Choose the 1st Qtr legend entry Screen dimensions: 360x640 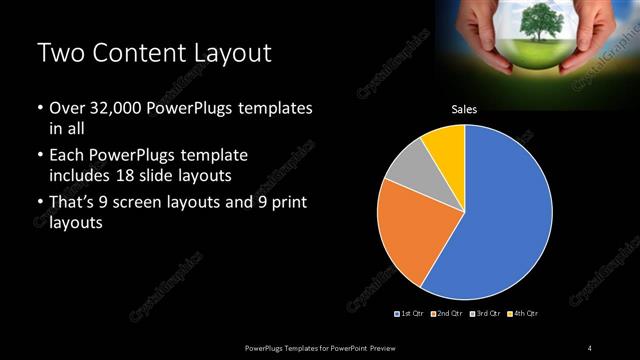tap(410, 314)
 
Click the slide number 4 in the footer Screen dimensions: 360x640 tap(590, 347)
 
